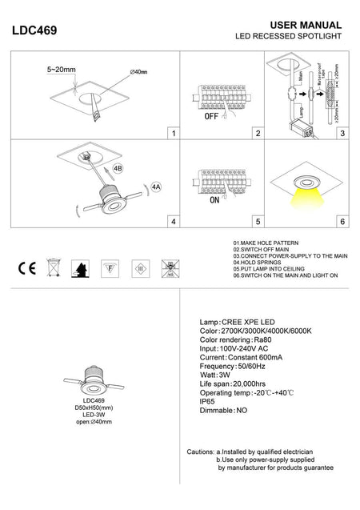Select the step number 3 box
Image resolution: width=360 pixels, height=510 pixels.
click(342, 133)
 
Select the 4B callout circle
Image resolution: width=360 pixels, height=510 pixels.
click(118, 169)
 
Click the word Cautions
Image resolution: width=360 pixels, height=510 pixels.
click(200, 452)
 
